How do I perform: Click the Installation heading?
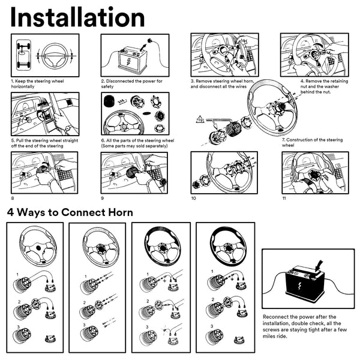pos(77,17)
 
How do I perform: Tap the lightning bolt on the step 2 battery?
pos(128,61)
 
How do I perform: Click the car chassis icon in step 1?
pos(23,55)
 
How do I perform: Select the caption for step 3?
pos(222,84)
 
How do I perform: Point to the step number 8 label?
pos(13,199)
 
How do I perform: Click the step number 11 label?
pos(284,199)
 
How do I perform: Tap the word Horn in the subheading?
pos(121,212)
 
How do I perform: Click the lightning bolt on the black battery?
pos(299,286)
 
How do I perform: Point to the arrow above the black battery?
pos(319,265)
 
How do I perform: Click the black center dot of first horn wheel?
pos(38,248)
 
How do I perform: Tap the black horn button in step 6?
pos(109,101)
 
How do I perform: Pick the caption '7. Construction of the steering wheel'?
pos(312,142)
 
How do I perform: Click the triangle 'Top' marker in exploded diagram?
pos(200,119)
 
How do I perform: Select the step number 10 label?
pos(194,199)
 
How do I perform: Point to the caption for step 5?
pos(45,143)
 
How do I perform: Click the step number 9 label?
pos(103,199)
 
